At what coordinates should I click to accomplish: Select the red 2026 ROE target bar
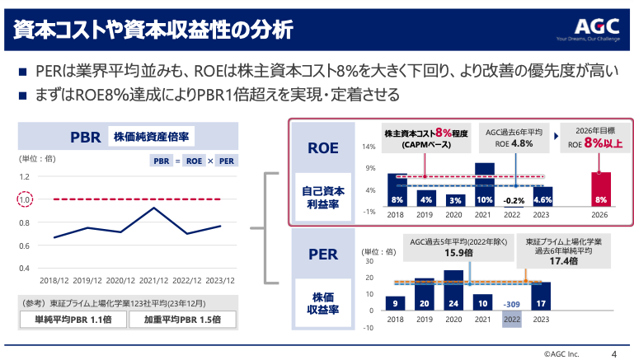pos(601,189)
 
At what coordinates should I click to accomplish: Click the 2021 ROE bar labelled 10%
pos(485,185)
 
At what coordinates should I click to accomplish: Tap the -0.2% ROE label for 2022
pos(513,200)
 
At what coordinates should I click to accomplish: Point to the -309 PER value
pos(512,302)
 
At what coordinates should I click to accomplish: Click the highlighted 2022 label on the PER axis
pos(512,318)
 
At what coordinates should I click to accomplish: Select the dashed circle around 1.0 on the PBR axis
pos(24,199)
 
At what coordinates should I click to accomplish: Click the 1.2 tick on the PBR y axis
pos(24,176)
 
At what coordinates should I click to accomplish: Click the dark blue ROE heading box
pos(322,148)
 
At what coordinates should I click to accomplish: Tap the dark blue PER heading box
pos(322,254)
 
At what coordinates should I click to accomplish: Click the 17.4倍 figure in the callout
pos(564,260)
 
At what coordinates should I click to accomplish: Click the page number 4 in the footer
pos(613,352)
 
